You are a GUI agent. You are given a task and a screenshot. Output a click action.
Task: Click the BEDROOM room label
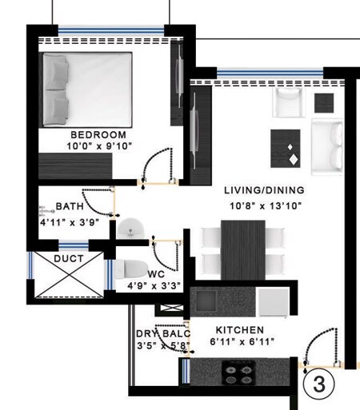coord(98,134)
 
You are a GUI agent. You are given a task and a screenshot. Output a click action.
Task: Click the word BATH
coord(70,206)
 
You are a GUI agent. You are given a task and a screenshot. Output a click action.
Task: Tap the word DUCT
coord(69,260)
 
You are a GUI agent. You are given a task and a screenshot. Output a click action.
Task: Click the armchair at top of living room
coord(286,102)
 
